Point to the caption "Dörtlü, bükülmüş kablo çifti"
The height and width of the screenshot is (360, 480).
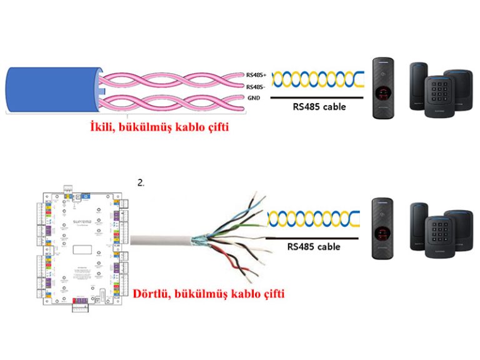click(209, 292)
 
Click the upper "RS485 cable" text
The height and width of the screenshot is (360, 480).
click(319, 107)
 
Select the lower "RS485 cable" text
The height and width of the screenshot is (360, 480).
click(314, 247)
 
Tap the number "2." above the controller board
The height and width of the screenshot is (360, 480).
click(141, 183)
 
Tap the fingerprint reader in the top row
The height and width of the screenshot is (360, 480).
click(382, 88)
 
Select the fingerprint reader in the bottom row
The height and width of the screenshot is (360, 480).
click(381, 229)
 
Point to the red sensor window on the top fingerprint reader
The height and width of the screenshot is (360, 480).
click(381, 95)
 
